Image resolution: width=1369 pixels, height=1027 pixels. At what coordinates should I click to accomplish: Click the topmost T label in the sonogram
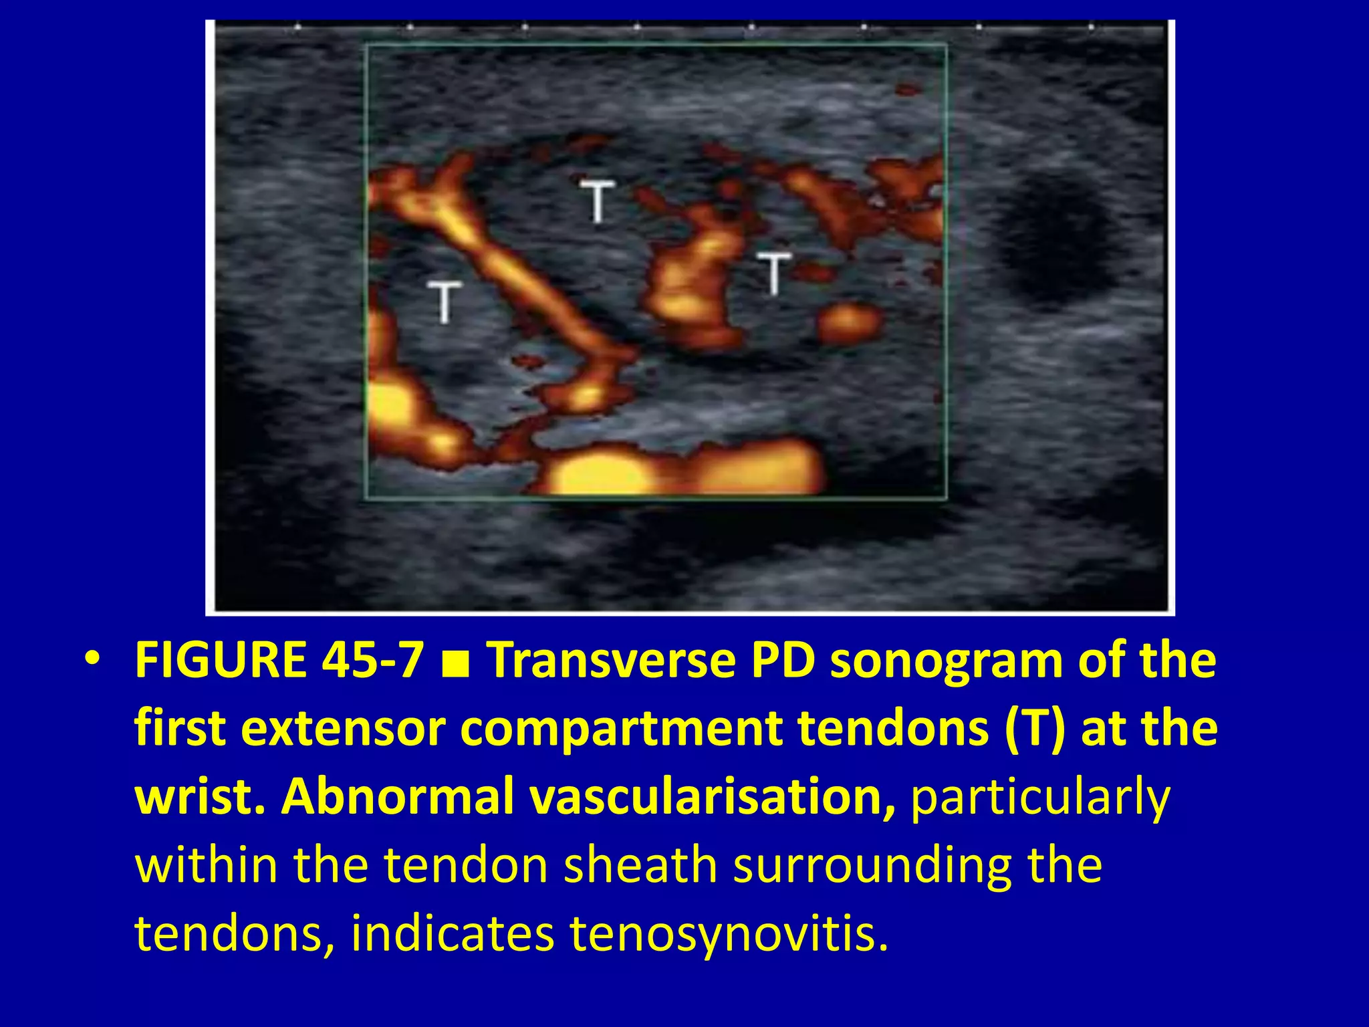[596, 200]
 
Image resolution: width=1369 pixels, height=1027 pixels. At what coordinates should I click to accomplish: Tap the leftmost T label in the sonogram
[445, 302]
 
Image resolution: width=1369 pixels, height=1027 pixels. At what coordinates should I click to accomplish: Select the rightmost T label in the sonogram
[773, 273]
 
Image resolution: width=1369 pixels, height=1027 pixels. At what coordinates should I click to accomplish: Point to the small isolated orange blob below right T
[849, 323]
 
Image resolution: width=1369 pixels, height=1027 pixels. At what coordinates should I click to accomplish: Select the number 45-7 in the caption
[372, 660]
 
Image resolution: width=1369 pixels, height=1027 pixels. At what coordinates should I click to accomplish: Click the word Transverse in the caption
[609, 660]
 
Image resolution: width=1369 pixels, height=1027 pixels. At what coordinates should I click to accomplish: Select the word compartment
[622, 731]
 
